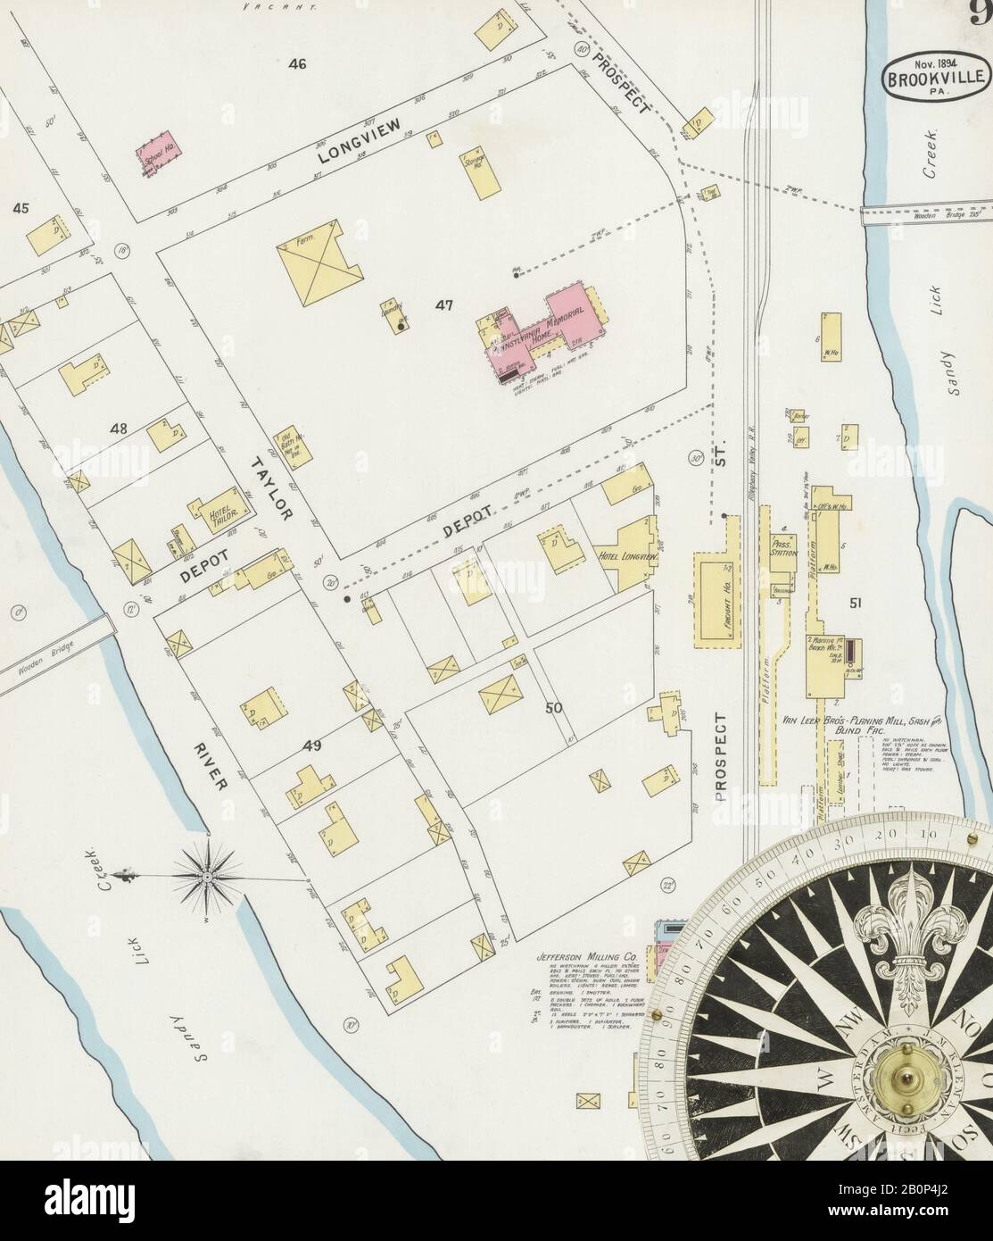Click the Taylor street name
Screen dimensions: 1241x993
click(271, 487)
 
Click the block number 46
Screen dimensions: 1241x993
click(297, 64)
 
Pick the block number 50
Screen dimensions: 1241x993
click(553, 708)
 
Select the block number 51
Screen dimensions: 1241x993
click(855, 604)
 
